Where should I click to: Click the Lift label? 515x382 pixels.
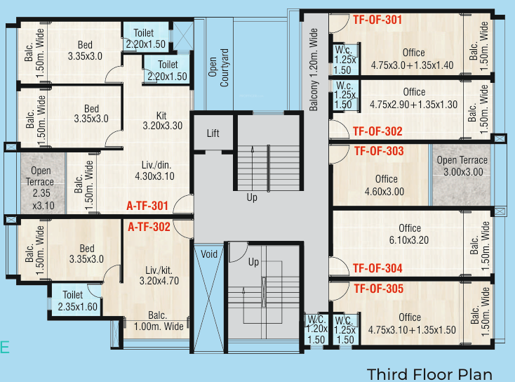(213, 134)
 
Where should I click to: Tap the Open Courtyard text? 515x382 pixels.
(220, 67)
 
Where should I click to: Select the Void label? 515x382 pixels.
(209, 254)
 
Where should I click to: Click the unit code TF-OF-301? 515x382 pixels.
(377, 20)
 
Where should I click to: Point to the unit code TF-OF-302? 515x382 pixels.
(377, 131)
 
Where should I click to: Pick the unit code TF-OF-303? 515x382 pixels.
(379, 151)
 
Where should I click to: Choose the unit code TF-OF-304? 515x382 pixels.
(377, 268)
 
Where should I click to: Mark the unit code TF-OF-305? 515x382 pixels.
(379, 288)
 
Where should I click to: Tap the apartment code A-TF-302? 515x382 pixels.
(149, 227)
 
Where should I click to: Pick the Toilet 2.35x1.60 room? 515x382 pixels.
(73, 301)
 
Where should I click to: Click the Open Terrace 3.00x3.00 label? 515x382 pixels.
(462, 166)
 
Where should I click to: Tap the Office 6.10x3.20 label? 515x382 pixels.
(409, 233)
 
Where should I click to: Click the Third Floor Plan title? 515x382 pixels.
(429, 374)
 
